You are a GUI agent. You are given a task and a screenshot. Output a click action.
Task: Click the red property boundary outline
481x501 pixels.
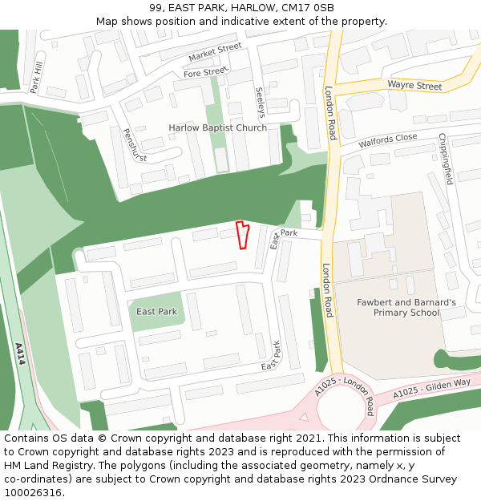[x=241, y=236]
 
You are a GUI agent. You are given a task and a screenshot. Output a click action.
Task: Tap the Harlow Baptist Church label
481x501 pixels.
[x=217, y=128]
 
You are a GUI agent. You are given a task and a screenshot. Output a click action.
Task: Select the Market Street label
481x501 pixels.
[x=215, y=53]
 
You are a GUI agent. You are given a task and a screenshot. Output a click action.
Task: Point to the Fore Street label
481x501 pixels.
[x=205, y=73]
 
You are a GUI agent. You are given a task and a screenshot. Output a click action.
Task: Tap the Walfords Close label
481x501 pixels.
[x=388, y=141]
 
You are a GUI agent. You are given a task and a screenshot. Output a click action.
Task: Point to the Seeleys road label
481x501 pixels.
[x=259, y=103]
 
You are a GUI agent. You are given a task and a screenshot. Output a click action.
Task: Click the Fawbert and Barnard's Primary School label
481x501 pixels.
[x=406, y=307]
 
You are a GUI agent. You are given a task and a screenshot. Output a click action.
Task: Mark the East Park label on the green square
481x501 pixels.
[x=156, y=311]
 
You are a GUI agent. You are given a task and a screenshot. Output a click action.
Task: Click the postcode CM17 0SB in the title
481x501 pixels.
[x=309, y=8]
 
